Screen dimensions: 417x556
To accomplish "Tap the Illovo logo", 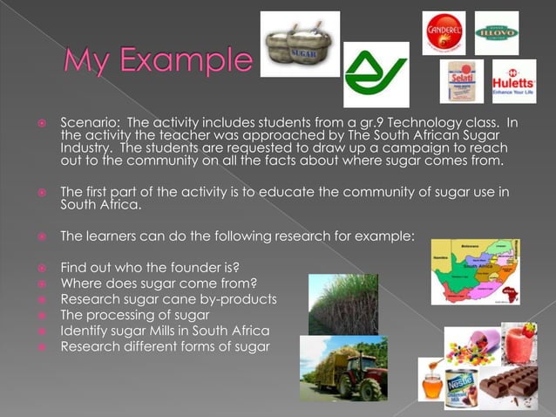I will (496, 33).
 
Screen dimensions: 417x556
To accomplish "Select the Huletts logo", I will (513, 81).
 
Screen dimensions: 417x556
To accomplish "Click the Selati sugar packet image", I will (461, 81).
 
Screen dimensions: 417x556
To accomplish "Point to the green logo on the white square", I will (376, 75).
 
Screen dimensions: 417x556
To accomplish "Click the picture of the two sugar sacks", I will (301, 44).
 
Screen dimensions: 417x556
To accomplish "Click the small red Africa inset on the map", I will (508, 293).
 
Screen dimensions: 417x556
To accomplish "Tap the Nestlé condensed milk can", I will (464, 384).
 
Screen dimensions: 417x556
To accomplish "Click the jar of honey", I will (431, 382).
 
